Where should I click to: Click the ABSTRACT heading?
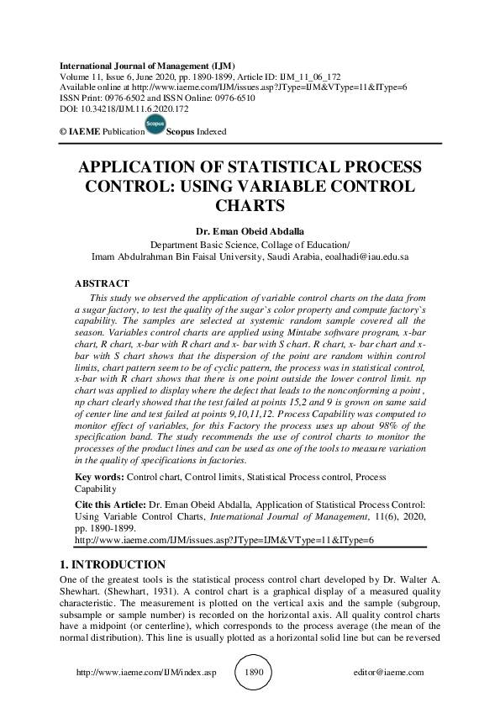[x=102, y=284]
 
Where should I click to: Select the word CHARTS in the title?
[x=250, y=204]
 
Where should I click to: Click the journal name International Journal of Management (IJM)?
[x=146, y=66]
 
